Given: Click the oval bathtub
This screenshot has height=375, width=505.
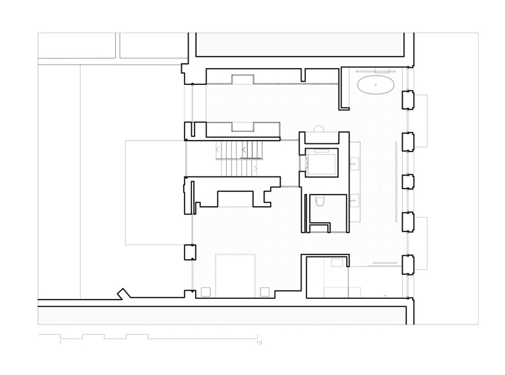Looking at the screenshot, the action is click(x=376, y=85).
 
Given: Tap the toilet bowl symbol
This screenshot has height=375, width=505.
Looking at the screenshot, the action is click(x=320, y=201).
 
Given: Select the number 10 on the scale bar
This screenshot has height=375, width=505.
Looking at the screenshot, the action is click(x=259, y=343).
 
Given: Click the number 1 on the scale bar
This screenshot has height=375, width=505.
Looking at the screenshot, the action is click(x=60, y=343).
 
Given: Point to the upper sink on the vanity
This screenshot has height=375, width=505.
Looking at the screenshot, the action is click(x=355, y=163).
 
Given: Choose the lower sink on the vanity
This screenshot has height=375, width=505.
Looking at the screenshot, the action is click(x=355, y=200).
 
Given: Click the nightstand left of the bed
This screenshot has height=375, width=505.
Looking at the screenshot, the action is click(x=206, y=292).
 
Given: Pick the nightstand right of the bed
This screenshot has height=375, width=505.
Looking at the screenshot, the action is click(x=265, y=292).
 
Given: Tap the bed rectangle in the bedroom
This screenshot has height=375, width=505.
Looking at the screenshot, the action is click(x=235, y=275).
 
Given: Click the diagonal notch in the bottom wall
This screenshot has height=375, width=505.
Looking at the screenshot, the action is click(x=124, y=294).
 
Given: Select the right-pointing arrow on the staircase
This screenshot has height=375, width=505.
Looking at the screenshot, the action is click(x=255, y=168).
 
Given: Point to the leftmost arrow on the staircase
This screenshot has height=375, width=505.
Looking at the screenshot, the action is click(x=218, y=149).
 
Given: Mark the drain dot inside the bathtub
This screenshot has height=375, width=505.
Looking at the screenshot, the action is click(x=376, y=85).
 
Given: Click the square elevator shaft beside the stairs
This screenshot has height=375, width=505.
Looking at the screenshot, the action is click(x=321, y=162).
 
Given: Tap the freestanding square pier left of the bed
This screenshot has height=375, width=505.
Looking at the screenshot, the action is click(x=190, y=252).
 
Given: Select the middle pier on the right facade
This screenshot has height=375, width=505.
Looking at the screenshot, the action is click(x=408, y=182).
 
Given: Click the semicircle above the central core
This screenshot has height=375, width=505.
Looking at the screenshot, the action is click(x=318, y=129).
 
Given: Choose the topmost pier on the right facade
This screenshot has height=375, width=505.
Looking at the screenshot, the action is click(x=408, y=100).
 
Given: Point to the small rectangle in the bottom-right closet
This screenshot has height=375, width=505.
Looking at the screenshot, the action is click(x=337, y=263).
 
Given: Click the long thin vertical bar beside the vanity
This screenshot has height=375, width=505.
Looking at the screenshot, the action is click(x=397, y=181).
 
